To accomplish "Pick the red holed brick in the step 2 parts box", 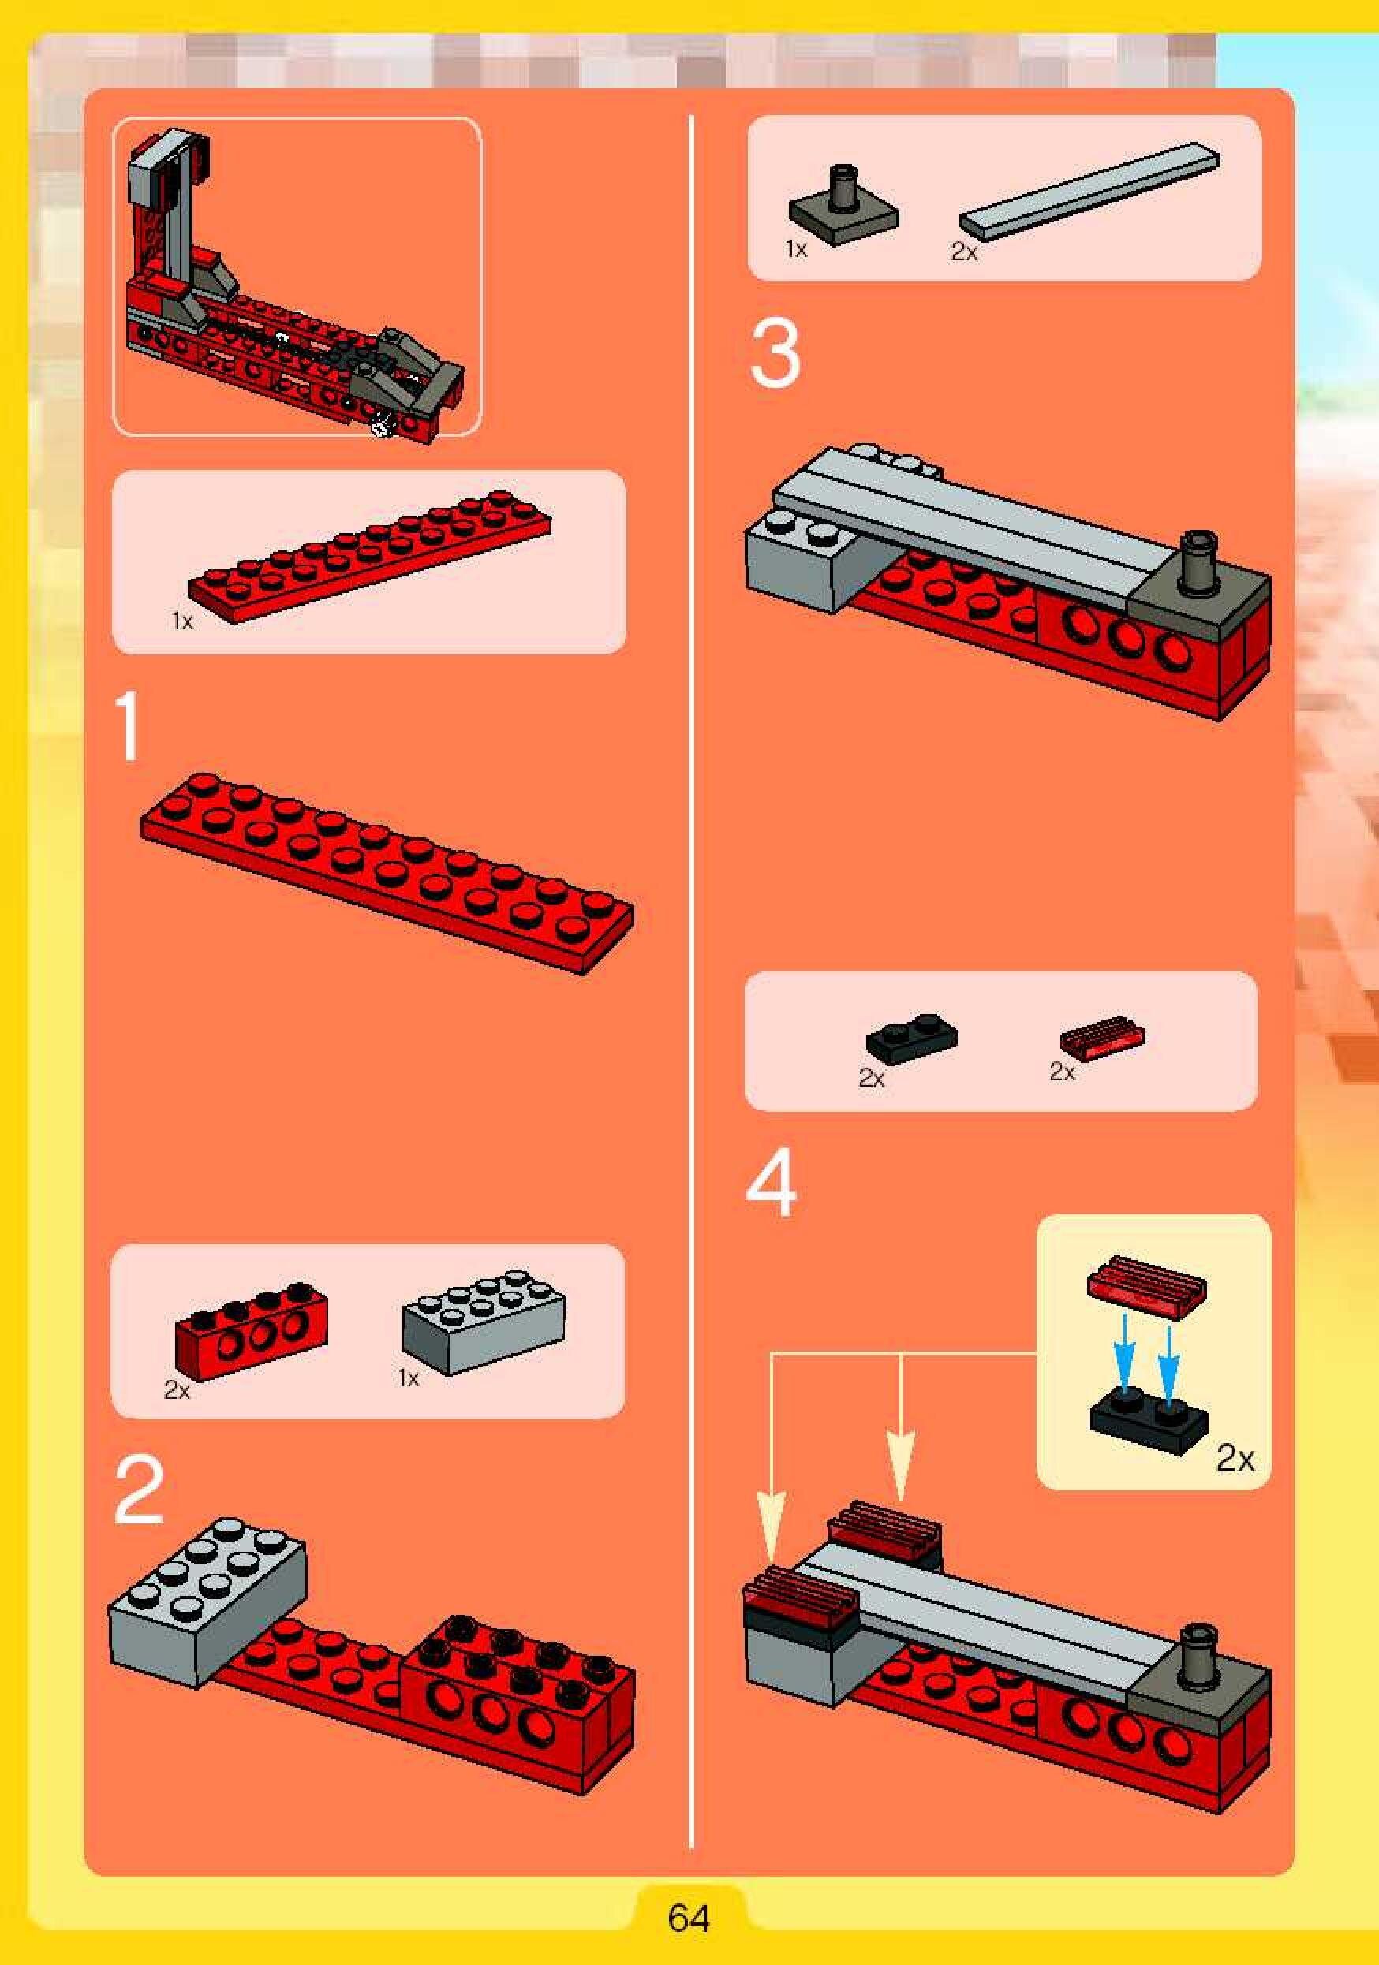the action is tap(252, 1329).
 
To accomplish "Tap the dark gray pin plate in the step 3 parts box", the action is tap(843, 207).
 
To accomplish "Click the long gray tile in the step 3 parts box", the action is tap(1089, 190).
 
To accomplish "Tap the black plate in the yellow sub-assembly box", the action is tap(1149, 1420).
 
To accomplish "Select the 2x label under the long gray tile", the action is tap(964, 252).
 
